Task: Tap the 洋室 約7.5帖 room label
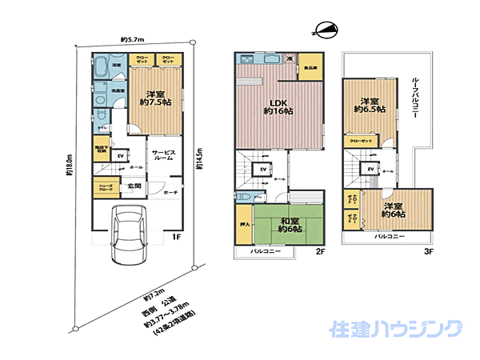[x=149, y=96]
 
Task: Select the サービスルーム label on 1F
[x=165, y=155]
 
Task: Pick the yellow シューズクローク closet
[x=106, y=188]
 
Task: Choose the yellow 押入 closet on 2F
[x=245, y=225]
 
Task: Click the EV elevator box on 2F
[x=261, y=170]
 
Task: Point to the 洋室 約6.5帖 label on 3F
[x=368, y=106]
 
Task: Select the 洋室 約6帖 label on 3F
[x=392, y=210]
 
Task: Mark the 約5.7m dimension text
[x=132, y=39]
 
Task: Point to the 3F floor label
[x=428, y=251]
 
